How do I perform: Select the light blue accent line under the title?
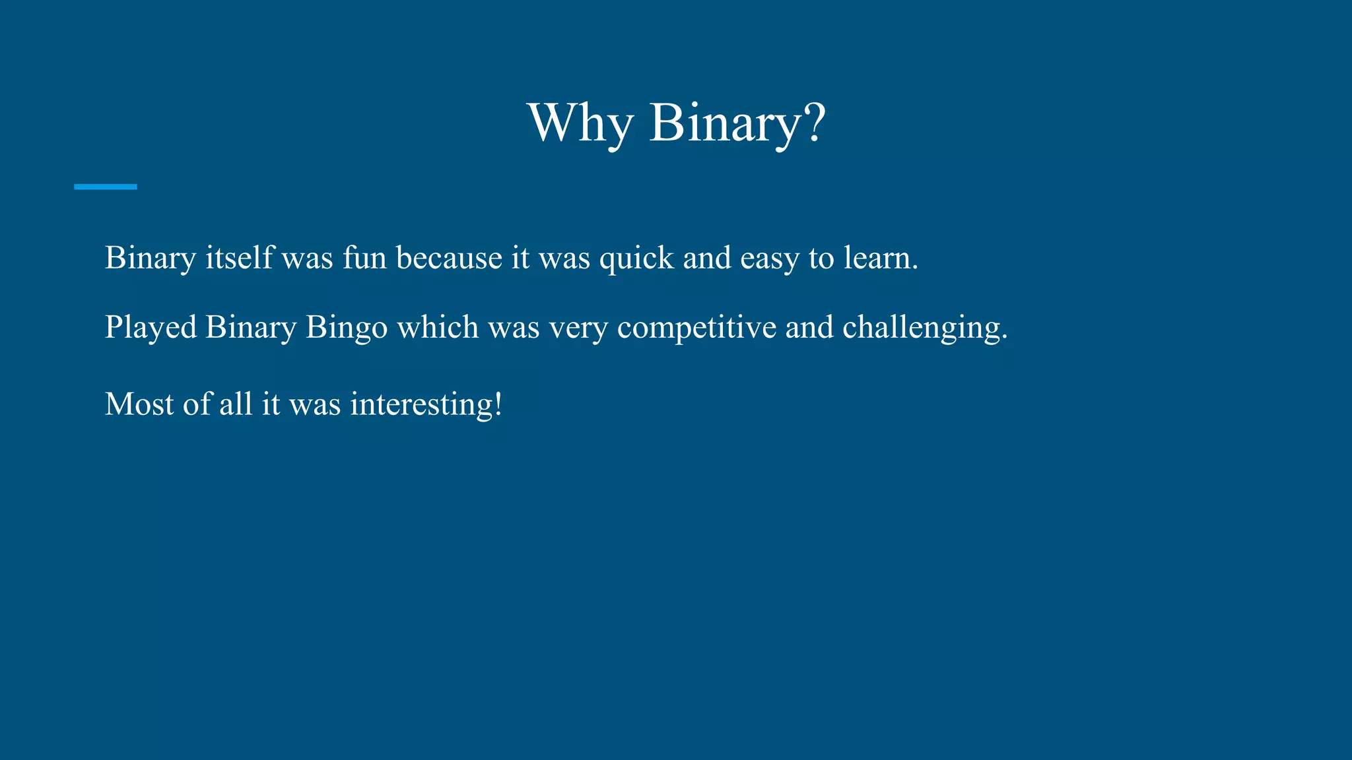click(106, 187)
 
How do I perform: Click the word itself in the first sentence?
click(238, 257)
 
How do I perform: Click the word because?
click(449, 257)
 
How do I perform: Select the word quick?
click(636, 259)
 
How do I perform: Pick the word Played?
click(151, 327)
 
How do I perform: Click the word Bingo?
click(347, 328)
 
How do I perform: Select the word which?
click(438, 327)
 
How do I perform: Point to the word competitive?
click(696, 328)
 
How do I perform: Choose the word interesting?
click(421, 404)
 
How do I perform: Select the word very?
click(578, 328)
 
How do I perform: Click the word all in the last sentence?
click(236, 404)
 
